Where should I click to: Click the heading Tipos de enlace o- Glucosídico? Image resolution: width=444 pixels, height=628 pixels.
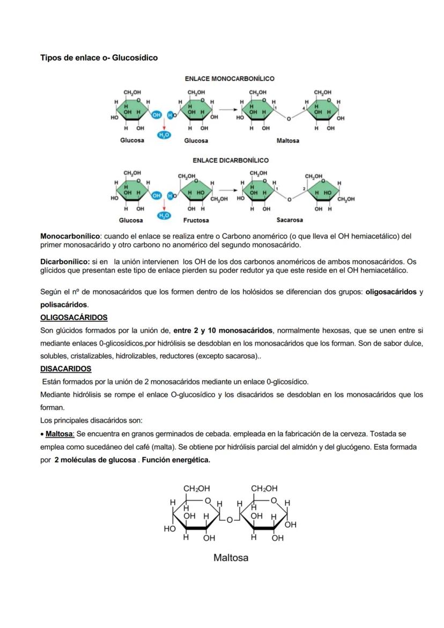tap(99, 57)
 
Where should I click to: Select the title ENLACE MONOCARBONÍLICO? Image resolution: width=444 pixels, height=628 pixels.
tap(230, 79)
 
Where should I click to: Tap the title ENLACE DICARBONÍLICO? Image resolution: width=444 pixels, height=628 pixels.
tap(231, 160)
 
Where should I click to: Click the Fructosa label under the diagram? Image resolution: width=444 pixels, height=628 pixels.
tap(196, 220)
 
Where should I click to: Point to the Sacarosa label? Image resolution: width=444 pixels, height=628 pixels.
tap(290, 220)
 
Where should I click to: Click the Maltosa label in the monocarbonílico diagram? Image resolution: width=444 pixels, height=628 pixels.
tap(288, 141)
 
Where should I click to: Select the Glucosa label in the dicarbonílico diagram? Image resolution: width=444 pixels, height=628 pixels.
tap(131, 220)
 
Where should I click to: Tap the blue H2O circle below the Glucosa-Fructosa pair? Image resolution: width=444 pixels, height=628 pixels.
tap(164, 216)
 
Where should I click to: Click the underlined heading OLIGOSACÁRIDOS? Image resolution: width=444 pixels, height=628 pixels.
tap(74, 317)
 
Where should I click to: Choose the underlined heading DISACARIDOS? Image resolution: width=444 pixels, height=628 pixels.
tap(66, 369)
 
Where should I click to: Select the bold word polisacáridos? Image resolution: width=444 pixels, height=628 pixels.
tap(64, 305)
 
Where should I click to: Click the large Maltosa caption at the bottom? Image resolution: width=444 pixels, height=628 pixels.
tap(231, 558)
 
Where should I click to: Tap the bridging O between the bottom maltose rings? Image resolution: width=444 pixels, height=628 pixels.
tap(229, 520)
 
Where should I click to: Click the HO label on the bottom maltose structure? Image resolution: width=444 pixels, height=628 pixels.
tap(169, 529)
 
